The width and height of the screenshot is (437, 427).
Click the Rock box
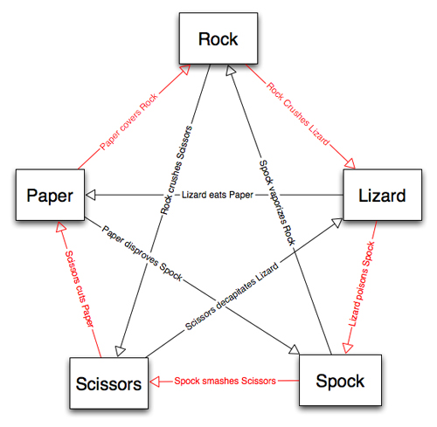point(218,39)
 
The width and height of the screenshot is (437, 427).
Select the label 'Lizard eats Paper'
point(218,195)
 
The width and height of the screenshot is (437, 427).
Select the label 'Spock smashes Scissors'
point(225,381)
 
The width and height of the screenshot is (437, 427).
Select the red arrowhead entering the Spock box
point(348,348)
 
